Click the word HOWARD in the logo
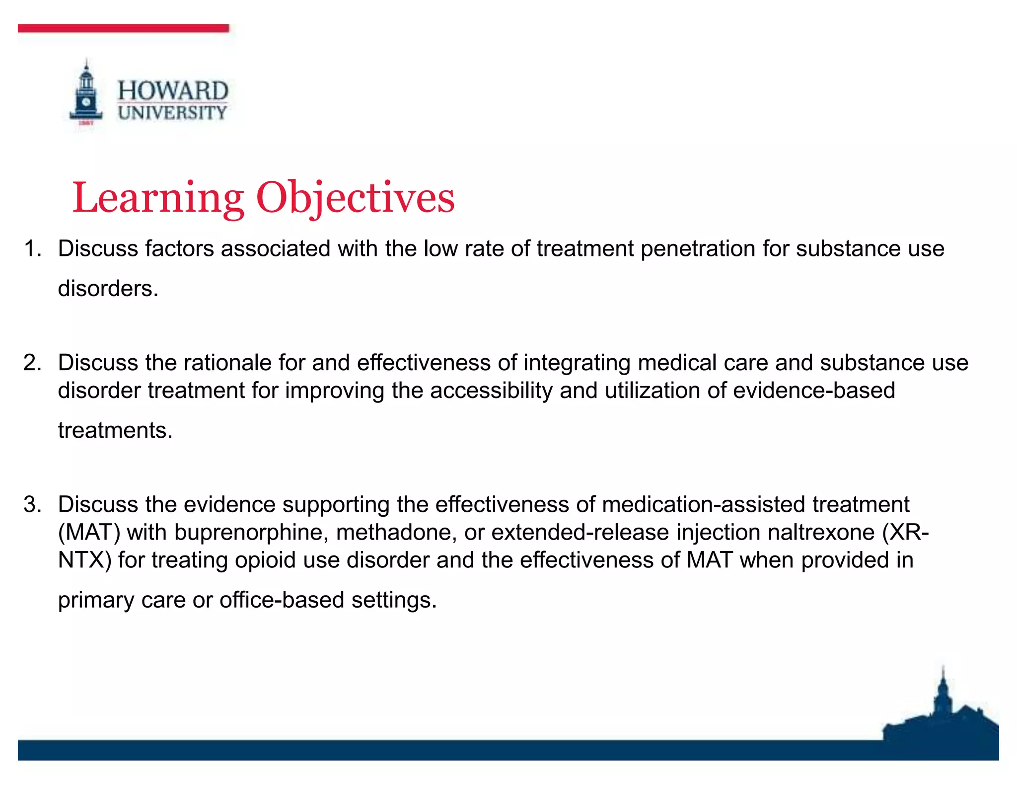pos(173,91)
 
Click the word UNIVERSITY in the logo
pos(172,113)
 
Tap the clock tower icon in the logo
pos(86,94)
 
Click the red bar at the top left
pos(123,28)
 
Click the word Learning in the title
pos(158,198)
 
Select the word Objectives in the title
pos(355,198)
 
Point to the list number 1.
pos(33,248)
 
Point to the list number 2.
pos(33,363)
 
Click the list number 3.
pos(33,504)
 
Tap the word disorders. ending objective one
pos(108,289)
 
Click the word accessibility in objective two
pos(491,391)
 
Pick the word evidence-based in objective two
pos(814,391)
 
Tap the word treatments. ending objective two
pos(115,430)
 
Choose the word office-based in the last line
pos(282,600)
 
